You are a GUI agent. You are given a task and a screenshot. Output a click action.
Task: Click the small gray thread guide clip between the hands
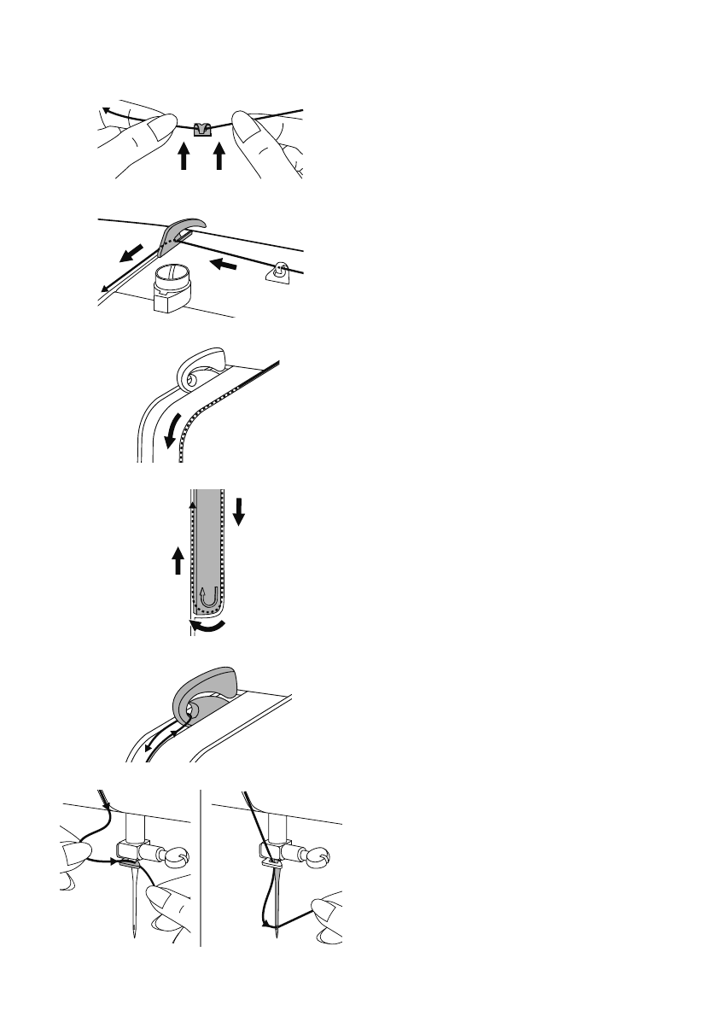pos(201,129)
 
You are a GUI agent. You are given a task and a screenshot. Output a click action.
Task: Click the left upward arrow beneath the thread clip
pos(183,156)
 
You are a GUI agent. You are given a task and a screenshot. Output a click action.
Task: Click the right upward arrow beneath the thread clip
pos(219,156)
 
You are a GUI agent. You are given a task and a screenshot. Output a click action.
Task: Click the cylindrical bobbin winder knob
pos(173,287)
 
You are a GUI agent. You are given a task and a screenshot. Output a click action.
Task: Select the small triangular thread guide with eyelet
pos(279,273)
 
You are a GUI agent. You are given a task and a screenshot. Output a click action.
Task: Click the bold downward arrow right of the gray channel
pos(240,511)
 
